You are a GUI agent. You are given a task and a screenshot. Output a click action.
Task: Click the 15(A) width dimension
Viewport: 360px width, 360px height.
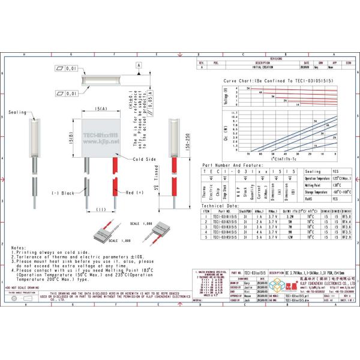[x=100, y=109]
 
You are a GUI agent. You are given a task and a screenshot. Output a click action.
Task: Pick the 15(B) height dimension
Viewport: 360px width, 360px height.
[x=71, y=138]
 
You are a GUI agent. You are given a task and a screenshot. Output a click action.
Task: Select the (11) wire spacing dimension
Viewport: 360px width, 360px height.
[x=100, y=209]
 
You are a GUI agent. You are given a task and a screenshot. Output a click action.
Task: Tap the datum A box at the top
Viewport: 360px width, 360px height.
[x=139, y=64]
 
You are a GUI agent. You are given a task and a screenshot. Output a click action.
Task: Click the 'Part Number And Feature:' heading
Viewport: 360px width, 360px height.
[x=232, y=165]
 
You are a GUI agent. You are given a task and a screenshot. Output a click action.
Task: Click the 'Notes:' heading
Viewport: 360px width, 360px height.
[x=19, y=247]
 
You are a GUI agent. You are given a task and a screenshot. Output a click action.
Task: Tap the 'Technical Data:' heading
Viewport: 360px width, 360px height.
[x=220, y=205]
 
